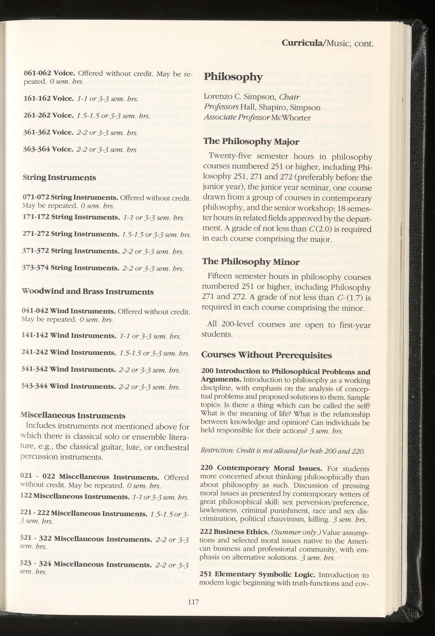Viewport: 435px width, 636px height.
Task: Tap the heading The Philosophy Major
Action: [x=251, y=141]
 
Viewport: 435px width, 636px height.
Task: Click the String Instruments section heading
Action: [x=59, y=177]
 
